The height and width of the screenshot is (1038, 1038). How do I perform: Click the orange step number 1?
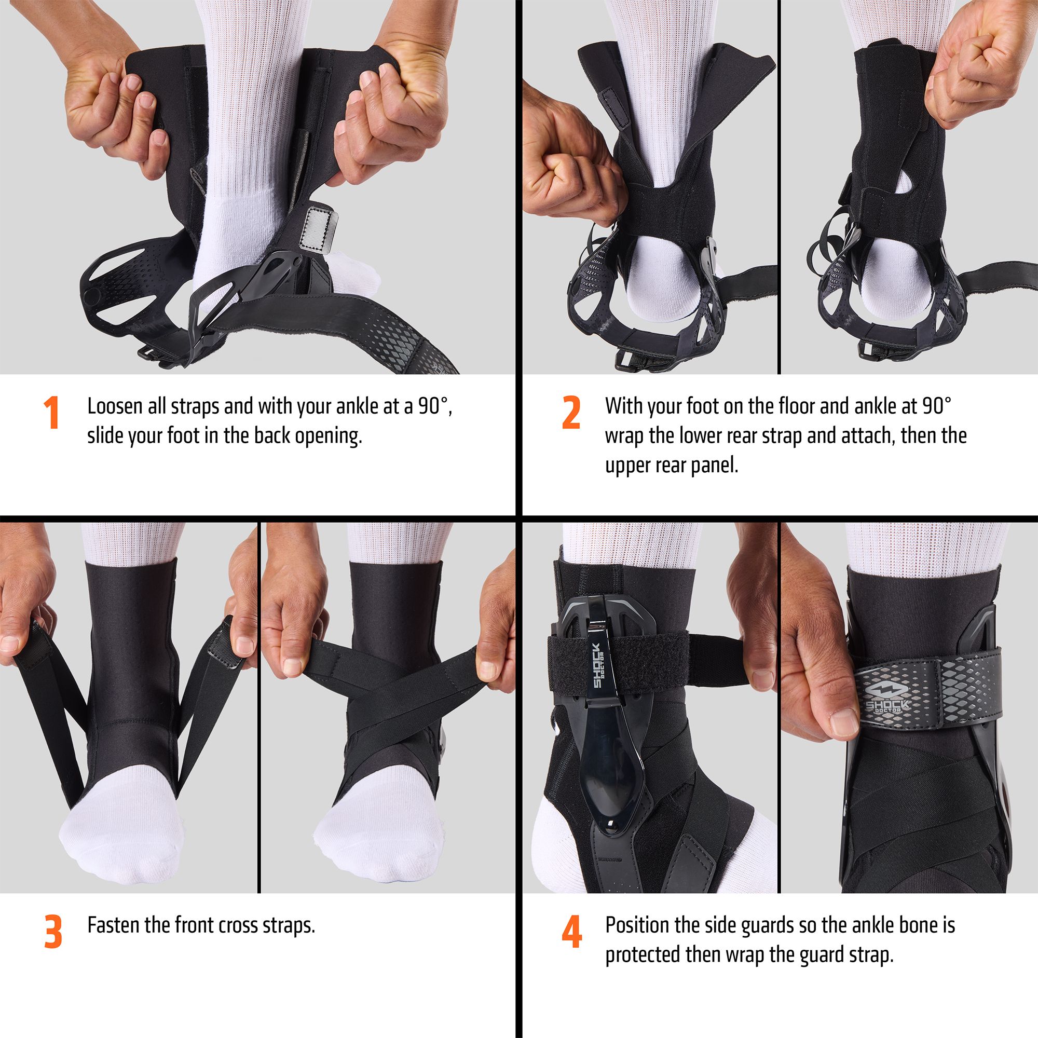51,413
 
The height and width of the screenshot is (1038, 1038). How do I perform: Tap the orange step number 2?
571,413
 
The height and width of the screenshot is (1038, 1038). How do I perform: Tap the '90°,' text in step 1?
436,407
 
